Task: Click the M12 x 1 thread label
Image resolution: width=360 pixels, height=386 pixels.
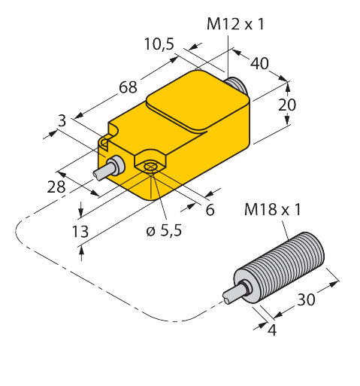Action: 235,24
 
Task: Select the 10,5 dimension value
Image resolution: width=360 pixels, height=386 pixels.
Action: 159,44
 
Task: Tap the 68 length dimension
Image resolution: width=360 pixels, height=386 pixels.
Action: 128,87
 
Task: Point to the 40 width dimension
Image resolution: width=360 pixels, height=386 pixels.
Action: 260,63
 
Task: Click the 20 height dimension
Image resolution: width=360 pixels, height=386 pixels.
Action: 287,105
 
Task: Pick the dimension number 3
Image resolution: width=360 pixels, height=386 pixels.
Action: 62,120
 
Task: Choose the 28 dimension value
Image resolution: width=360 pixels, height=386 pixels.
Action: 56,187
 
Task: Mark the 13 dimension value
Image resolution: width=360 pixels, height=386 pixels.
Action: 80,232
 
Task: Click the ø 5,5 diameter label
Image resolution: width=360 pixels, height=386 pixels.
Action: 164,230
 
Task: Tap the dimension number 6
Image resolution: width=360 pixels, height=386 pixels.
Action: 210,209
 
